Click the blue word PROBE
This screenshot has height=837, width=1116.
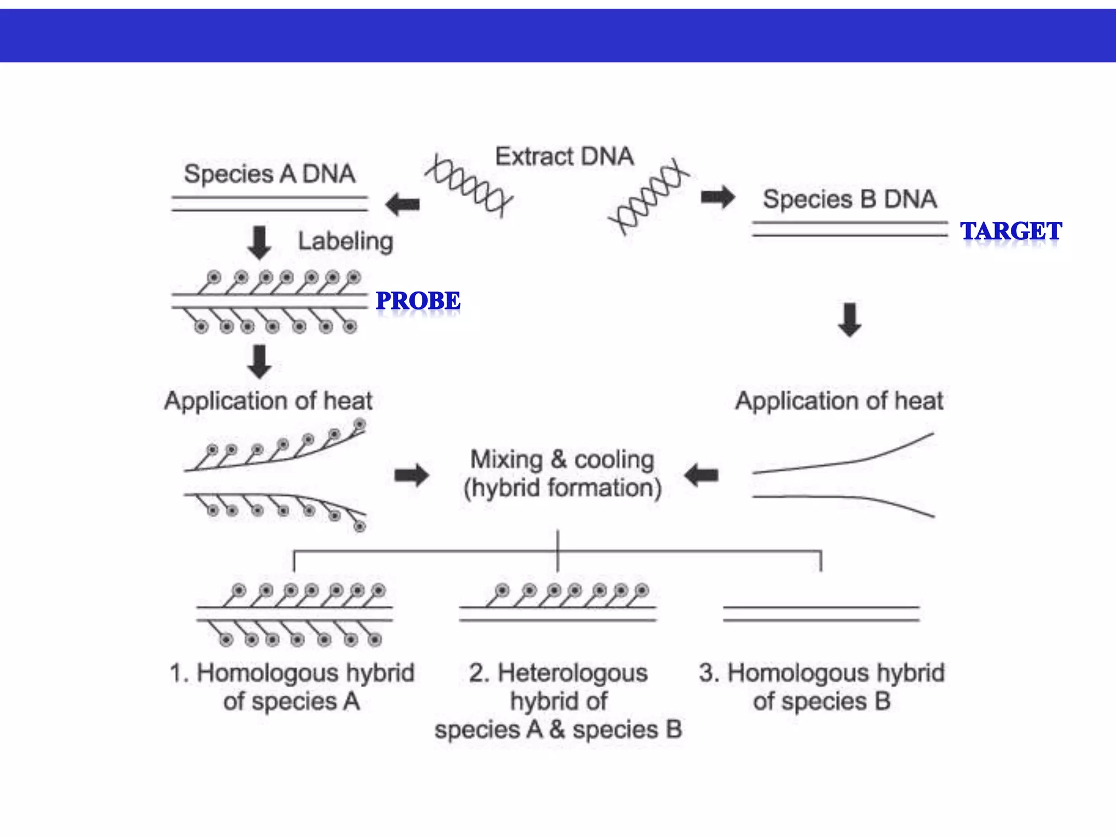pos(418,301)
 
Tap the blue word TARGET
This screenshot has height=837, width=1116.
pos(1011,231)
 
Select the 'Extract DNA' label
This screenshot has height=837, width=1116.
pos(564,156)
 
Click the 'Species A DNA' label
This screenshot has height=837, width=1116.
pos(269,174)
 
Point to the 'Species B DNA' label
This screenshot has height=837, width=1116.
pos(850,199)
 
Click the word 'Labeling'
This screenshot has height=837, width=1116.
pos(345,241)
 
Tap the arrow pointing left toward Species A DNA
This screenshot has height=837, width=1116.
pos(403,204)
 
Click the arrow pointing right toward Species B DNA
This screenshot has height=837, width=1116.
pos(718,197)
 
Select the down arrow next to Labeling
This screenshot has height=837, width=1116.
pos(259,242)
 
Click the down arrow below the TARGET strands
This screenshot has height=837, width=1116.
pos(850,320)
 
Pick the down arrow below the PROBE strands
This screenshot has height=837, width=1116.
pos(259,361)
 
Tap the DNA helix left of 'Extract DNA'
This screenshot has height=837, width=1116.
pos(469,186)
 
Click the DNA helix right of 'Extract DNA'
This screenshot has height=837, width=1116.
pos(648,197)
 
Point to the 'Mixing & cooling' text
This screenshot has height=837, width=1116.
pos(562,459)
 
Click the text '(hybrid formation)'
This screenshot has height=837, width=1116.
pos(562,488)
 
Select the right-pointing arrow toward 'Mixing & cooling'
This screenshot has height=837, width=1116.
pos(411,475)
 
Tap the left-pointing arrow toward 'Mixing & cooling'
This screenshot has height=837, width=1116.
pos(701,475)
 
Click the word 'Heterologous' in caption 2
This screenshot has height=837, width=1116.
pos(572,672)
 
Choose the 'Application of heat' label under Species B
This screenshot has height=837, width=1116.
pos(839,401)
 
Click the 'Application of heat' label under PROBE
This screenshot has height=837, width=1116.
pos(268,401)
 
